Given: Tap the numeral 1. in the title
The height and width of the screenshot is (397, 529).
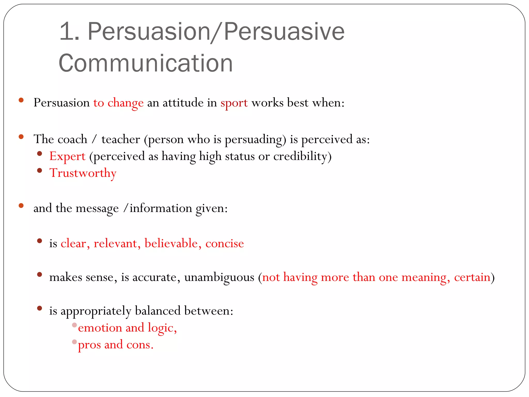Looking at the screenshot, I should [69, 32].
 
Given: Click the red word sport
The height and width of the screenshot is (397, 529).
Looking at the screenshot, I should [234, 103].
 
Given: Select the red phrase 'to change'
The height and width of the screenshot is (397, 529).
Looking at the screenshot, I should [118, 103].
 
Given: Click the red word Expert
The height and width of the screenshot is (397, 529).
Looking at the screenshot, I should [67, 156].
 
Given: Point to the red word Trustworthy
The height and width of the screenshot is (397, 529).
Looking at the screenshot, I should [83, 173].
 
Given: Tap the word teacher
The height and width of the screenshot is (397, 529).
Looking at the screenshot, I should [121, 140].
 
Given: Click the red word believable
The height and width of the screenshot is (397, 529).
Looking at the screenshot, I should [171, 243].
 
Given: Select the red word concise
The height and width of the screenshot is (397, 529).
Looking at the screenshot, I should [224, 243].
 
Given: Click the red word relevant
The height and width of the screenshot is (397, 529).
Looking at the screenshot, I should [115, 243].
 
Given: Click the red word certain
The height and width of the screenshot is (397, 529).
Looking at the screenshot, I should [472, 277].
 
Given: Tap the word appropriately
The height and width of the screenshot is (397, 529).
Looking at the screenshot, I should [96, 311].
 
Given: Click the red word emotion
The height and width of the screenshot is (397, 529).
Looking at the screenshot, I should [100, 328].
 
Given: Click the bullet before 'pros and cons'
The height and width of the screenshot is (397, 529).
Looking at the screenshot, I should [74, 342].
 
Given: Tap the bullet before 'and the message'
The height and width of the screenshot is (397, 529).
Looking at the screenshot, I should [21, 206].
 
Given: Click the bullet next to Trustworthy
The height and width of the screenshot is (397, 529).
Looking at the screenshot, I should [40, 170].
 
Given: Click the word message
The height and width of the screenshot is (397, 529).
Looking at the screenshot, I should [97, 208].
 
